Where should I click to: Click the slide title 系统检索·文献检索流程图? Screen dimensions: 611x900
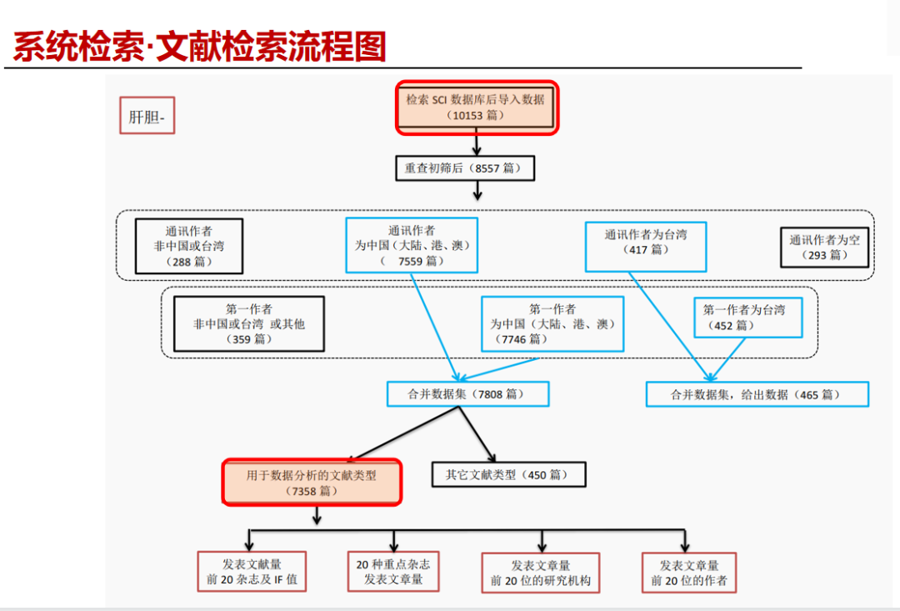click(200, 47)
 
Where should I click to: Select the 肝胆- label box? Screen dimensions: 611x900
click(147, 118)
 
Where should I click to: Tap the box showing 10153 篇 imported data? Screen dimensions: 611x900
click(476, 107)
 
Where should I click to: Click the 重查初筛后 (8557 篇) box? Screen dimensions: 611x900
click(464, 168)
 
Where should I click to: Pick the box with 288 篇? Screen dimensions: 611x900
click(188, 246)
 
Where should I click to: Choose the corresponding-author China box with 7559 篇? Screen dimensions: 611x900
click(412, 245)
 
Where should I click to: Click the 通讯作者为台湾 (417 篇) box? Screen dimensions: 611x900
click(647, 246)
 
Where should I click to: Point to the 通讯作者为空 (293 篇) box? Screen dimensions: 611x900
click(824, 247)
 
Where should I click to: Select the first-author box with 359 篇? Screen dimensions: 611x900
click(248, 323)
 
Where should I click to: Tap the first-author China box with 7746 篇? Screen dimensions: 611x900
click(552, 323)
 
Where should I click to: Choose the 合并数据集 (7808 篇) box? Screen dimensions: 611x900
click(467, 394)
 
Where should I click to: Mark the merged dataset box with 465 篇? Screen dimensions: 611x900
click(757, 394)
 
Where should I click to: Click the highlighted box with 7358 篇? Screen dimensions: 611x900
click(312, 483)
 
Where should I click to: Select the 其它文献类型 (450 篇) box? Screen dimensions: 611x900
click(507, 474)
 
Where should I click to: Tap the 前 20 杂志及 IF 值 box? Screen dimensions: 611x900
click(252, 572)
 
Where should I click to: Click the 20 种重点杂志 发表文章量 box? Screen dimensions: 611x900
click(393, 572)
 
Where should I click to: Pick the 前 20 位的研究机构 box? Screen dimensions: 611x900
click(540, 573)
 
